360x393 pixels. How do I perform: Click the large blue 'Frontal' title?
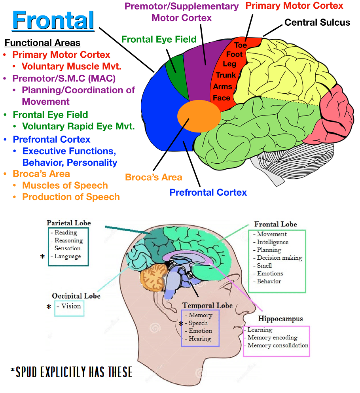[53, 21]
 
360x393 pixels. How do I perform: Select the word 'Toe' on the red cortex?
[240, 45]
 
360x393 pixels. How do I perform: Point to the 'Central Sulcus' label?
[317, 23]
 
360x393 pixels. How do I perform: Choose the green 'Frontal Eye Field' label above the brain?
[159, 39]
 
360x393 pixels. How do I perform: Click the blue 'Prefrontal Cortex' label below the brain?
[208, 193]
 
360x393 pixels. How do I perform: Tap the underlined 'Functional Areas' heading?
[42, 43]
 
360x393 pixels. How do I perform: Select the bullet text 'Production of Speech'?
[71, 197]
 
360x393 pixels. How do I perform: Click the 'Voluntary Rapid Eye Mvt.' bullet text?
[78, 127]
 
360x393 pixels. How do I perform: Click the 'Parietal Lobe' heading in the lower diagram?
[67, 223]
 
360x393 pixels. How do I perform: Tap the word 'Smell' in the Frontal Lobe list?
[264, 266]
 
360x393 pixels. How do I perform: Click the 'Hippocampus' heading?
[281, 319]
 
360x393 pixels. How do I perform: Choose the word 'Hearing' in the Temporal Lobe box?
[200, 339]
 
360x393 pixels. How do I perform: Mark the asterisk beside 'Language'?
[42, 257]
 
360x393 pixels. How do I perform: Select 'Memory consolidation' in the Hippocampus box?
[278, 346]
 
